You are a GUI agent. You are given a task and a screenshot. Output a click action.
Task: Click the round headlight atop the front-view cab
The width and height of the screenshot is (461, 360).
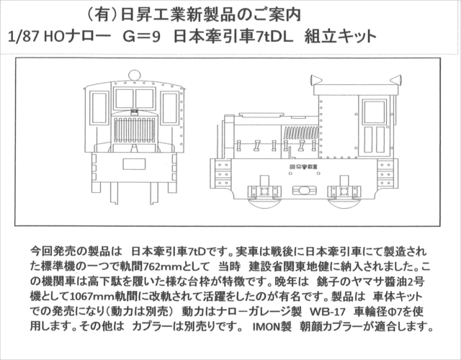(x=135, y=75)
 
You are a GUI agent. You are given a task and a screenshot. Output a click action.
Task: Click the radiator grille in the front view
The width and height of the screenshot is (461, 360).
(x=134, y=130)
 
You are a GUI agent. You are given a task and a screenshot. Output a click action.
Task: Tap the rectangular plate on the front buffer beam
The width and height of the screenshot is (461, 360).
(x=134, y=164)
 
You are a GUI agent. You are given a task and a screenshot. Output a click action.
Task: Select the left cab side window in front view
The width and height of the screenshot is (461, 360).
(x=99, y=107)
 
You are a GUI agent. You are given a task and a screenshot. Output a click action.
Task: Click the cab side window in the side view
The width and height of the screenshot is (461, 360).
(x=375, y=112)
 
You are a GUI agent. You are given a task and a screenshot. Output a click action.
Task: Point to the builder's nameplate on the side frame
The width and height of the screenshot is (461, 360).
(x=304, y=166)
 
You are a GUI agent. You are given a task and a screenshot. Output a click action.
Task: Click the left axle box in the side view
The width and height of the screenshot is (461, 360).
(x=264, y=192)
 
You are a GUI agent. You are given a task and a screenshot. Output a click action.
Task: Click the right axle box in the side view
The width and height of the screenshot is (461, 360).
(x=344, y=192)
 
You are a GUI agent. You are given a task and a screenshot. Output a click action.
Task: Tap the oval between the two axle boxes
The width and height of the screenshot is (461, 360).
(x=304, y=191)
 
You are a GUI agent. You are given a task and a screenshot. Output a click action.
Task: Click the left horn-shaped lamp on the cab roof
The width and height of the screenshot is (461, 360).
(x=316, y=80)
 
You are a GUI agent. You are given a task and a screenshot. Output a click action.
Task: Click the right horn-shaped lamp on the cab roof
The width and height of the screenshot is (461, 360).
(x=395, y=80)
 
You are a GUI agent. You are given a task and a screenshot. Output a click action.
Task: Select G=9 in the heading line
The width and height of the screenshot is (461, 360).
(x=141, y=37)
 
